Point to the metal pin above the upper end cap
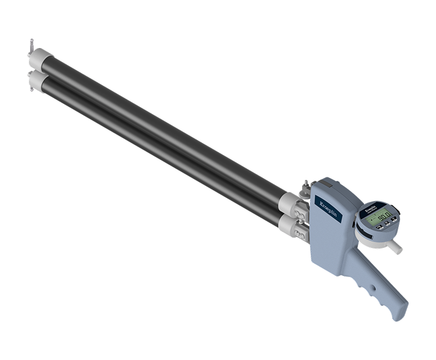pos(32,44)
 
